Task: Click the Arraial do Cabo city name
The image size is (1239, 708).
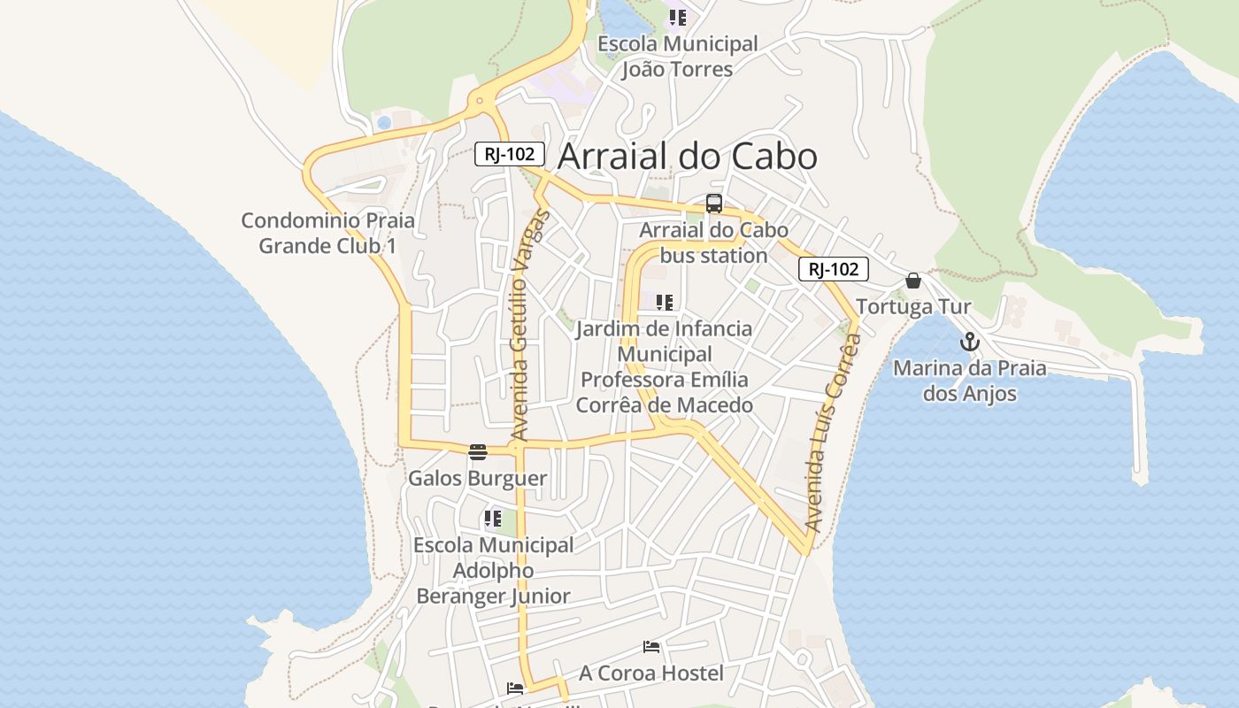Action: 688,157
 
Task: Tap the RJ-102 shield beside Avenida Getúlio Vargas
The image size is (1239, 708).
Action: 509,153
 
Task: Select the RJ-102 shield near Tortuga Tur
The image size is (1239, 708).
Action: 833,269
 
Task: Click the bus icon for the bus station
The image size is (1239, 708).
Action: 714,204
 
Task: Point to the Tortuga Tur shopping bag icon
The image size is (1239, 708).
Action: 913,281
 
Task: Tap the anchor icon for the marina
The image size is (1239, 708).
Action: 970,341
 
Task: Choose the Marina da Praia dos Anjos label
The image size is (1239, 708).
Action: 969,381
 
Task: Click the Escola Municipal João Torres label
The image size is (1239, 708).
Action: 677,57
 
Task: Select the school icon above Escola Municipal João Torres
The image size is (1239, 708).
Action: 678,17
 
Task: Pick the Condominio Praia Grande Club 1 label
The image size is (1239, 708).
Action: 327,233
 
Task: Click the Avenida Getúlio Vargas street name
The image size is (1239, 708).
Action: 528,325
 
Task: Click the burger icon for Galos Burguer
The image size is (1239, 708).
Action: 478,452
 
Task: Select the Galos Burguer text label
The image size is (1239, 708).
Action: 477,479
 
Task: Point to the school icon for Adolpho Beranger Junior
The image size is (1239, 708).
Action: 493,519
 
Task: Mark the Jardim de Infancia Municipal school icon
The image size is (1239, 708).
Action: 665,303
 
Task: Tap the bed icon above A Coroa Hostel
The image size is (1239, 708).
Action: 651,647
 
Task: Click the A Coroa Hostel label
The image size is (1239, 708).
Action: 651,673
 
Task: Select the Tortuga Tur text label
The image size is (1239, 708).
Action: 913,307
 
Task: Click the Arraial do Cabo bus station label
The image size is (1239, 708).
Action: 713,242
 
